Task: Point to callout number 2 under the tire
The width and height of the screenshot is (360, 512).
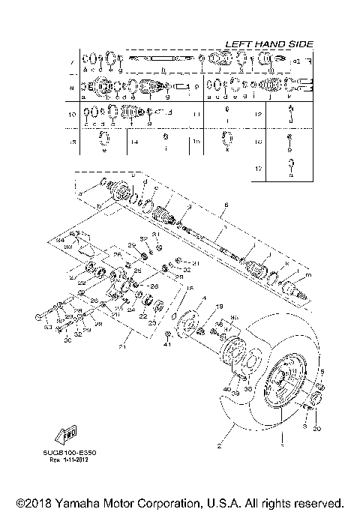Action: (219, 445)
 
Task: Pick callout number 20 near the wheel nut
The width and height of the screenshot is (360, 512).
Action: (316, 429)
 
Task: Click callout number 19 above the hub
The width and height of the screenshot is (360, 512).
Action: (220, 307)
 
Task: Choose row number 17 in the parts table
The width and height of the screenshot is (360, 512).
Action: (258, 169)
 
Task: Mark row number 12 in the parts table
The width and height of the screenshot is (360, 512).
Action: (258, 115)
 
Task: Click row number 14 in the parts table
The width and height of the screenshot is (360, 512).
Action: (134, 141)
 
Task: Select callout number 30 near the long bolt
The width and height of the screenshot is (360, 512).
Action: (67, 341)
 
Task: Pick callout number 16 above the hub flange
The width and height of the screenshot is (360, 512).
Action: (190, 289)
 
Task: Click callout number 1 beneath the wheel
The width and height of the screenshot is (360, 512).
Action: (282, 445)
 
